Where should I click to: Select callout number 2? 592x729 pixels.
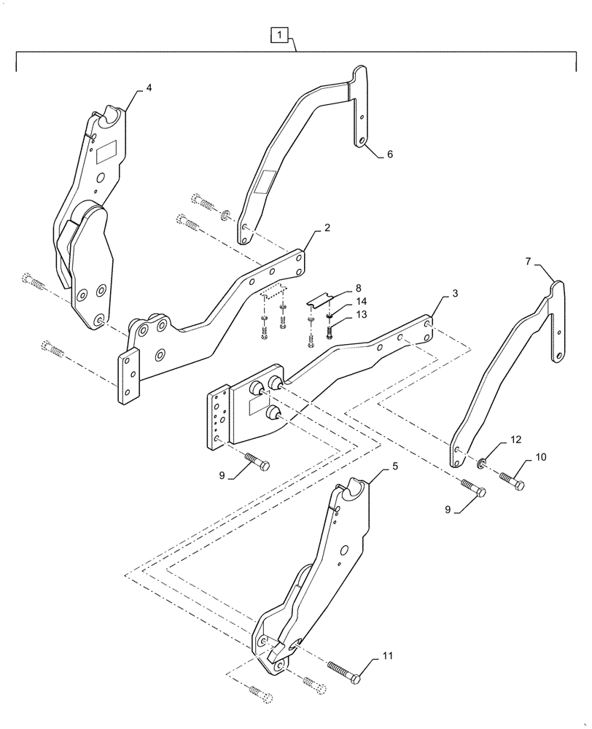[327, 228]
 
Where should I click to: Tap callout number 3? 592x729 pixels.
[455, 293]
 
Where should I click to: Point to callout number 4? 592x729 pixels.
[149, 87]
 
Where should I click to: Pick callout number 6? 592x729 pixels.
[389, 155]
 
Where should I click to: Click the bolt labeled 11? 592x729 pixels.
[343, 671]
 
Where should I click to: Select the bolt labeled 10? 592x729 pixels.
[513, 480]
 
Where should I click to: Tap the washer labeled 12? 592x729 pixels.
[483, 464]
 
